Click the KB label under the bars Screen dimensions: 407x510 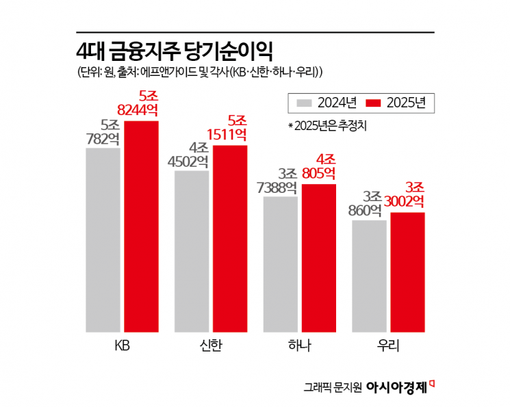tap(122, 345)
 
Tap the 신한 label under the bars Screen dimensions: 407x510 tap(211, 345)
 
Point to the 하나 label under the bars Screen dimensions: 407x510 tap(300, 345)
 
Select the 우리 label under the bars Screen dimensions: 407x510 tap(388, 345)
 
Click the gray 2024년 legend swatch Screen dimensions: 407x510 tap(305, 103)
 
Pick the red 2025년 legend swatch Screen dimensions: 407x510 tap(373, 103)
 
